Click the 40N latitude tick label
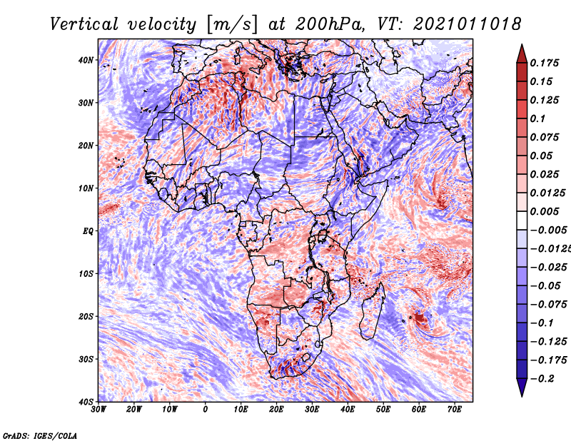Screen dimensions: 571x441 (x=86, y=60)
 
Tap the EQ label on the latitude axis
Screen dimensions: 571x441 (x=88, y=231)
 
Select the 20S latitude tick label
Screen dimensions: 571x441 (x=86, y=316)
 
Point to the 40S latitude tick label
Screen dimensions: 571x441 (x=86, y=402)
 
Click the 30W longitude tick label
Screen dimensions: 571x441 (x=98, y=410)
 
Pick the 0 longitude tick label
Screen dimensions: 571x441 (x=206, y=410)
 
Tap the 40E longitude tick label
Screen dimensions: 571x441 (x=348, y=410)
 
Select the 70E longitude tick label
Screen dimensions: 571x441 (x=455, y=410)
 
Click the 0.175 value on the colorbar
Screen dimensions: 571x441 (x=545, y=63)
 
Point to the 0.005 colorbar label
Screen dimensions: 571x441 (x=545, y=211)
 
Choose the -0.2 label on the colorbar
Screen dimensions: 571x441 (x=542, y=378)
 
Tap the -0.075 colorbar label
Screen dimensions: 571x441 (x=549, y=304)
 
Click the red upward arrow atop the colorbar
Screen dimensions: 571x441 (x=522, y=54)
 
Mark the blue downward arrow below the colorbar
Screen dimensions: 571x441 (x=522, y=387)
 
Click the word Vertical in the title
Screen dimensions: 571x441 (x=84, y=24)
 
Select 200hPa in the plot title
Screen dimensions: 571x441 (x=330, y=24)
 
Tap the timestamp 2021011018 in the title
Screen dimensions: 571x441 (x=467, y=24)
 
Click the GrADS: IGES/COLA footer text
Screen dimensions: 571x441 (x=40, y=435)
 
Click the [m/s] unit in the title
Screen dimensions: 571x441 (x=232, y=25)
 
